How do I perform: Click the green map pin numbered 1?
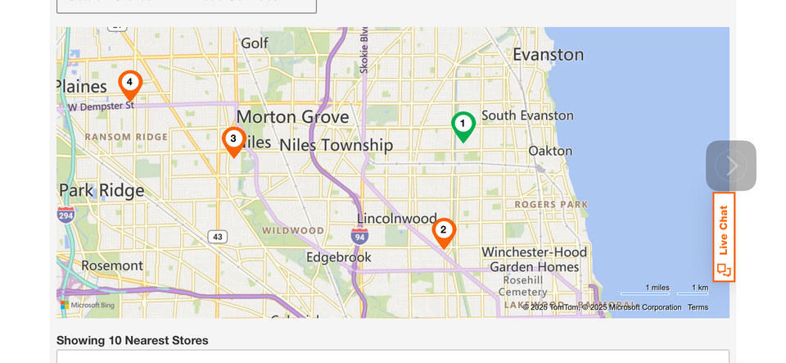[463, 125]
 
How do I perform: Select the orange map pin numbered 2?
[443, 231]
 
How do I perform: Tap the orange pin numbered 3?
[233, 140]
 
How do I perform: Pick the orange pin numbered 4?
[129, 84]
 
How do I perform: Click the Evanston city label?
[548, 55]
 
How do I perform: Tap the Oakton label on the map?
[550, 151]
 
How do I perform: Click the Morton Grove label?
[292, 116]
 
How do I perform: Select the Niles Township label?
[336, 145]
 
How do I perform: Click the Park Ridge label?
[102, 191]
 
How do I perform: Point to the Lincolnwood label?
[396, 219]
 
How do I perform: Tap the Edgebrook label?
[338, 257]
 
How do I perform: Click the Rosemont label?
[100, 265]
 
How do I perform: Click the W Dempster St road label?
[101, 106]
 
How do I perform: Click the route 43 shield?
[217, 237]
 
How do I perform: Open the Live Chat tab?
[724, 238]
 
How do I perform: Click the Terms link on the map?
[698, 307]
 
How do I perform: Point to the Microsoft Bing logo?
[88, 305]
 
